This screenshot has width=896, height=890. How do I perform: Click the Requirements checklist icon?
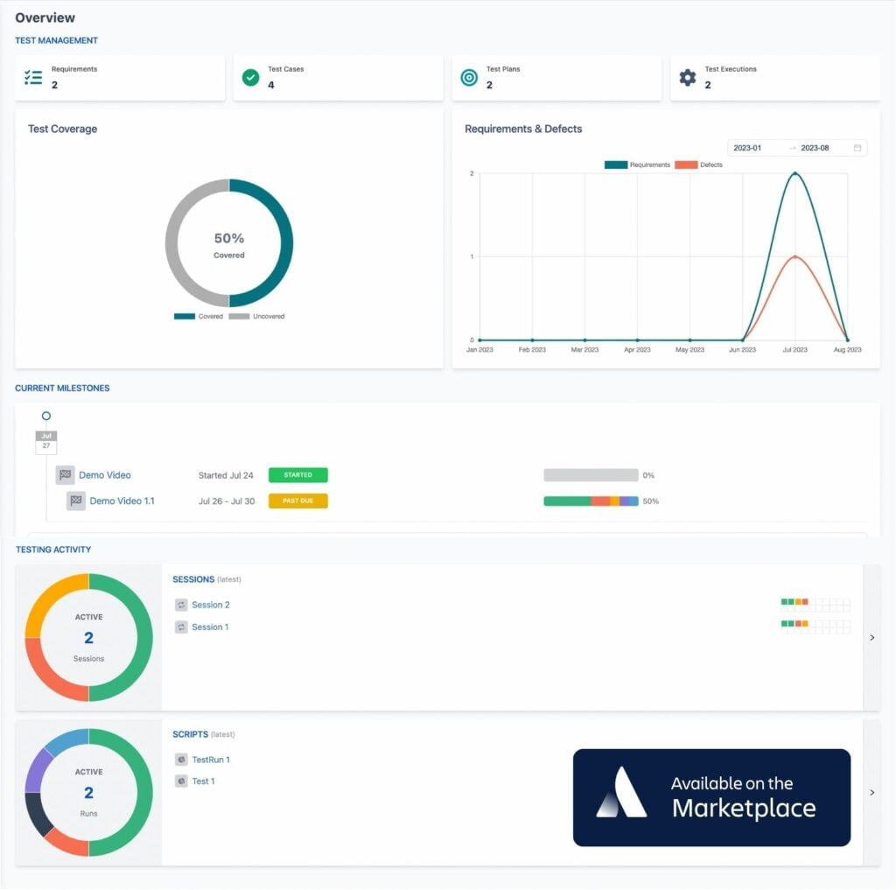33,78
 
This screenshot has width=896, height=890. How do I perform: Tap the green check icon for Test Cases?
251,78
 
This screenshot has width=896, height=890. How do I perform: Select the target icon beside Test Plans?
469,78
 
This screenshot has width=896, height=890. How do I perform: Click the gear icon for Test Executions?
688,78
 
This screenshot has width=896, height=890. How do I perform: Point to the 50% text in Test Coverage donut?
229,238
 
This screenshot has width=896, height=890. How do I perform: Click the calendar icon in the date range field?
857,148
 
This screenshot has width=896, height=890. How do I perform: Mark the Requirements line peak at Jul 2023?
794,173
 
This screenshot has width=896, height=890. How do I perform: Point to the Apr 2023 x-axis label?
637,349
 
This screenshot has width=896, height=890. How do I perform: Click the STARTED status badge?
297,475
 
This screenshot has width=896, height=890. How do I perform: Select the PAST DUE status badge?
297,501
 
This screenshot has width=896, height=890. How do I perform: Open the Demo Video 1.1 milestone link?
122,501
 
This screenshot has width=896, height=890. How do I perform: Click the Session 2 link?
210,605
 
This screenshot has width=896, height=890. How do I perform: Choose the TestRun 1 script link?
210,760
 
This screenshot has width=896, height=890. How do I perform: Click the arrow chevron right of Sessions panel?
871,638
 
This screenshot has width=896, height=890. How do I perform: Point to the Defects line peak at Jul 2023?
794,256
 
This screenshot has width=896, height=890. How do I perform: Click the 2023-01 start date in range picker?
748,148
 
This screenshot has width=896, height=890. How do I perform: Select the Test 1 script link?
203,781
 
